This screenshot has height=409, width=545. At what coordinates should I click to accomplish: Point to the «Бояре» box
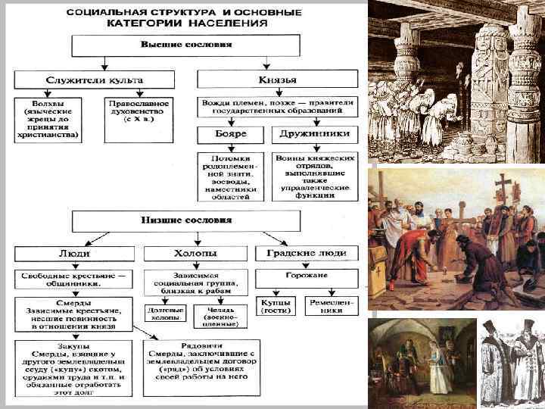click(x=230, y=135)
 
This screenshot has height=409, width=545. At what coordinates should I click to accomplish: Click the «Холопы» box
click(x=191, y=252)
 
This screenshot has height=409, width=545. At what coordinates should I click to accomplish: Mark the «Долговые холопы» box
click(x=164, y=315)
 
